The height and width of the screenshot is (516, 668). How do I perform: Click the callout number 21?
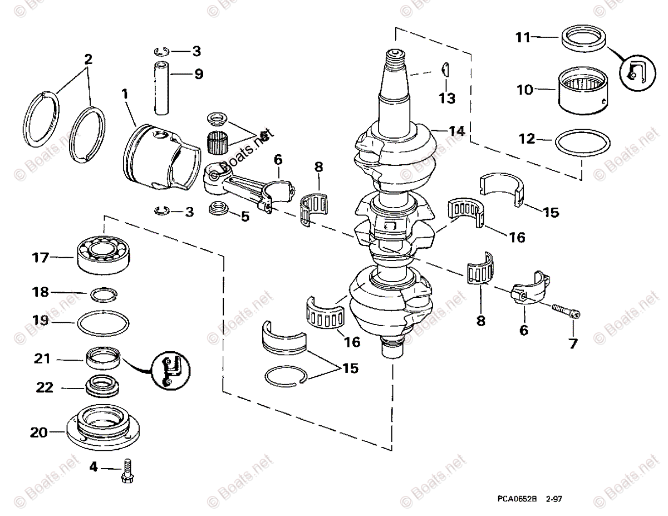(x=42, y=360)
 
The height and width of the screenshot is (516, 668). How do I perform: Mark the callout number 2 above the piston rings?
(x=87, y=58)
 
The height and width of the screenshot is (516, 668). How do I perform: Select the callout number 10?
(x=524, y=89)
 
